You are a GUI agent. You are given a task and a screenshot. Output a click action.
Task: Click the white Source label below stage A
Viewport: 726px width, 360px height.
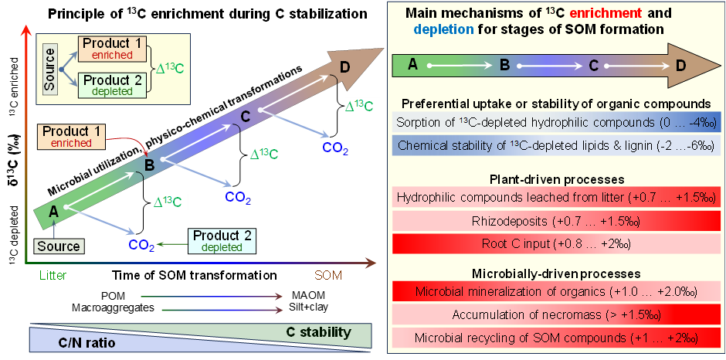tap(59, 246)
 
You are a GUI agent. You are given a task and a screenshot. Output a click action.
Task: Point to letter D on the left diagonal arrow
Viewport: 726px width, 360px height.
tap(344, 67)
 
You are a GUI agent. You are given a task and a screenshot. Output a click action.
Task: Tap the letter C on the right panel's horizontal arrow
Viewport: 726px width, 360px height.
tap(593, 65)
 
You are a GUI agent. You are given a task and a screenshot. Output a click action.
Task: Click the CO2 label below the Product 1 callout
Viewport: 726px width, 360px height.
tap(141, 245)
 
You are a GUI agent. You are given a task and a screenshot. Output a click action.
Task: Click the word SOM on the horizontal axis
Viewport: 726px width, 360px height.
tap(328, 275)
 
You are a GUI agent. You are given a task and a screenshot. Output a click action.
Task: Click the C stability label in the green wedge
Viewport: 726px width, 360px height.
tap(318, 332)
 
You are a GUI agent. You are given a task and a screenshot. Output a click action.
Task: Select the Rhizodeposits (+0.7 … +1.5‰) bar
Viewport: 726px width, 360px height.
tap(555, 221)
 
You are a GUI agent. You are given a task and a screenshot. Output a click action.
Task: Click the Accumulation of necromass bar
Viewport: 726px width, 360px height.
tap(555, 314)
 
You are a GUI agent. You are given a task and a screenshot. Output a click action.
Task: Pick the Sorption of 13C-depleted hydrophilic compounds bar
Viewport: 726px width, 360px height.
tap(555, 122)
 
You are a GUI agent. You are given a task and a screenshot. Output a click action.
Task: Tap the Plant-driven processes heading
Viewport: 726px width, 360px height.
tap(555, 179)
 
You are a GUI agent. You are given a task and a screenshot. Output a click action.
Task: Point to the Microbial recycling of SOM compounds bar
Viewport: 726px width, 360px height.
tap(555, 338)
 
